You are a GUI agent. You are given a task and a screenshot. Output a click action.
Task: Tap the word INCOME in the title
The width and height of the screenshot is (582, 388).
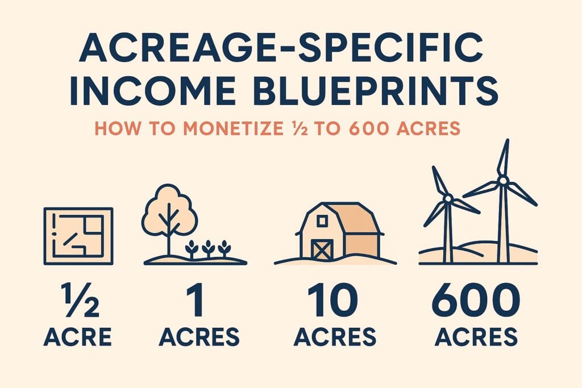tap(152, 90)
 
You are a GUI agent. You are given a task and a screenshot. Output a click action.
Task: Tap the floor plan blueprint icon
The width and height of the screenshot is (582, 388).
tap(78, 236)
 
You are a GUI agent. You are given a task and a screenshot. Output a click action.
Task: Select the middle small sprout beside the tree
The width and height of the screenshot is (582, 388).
tap(208, 248)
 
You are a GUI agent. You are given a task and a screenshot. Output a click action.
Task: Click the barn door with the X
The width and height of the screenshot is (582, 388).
tap(322, 249)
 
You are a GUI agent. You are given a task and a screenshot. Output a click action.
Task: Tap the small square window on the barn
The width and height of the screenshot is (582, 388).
tap(322, 222)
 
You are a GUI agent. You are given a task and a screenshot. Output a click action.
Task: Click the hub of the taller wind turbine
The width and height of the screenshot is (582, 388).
tap(502, 180)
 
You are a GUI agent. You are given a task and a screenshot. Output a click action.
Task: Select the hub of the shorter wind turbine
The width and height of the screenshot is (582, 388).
tap(448, 199)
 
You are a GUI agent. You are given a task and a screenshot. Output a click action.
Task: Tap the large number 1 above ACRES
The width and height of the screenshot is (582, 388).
tap(196, 300)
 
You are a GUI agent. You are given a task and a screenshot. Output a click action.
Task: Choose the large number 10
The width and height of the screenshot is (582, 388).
tap(332, 300)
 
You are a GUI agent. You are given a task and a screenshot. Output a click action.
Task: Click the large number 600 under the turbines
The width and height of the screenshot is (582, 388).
tap(476, 300)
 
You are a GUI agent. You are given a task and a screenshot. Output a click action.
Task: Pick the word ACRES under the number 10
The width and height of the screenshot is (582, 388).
tap(335, 337)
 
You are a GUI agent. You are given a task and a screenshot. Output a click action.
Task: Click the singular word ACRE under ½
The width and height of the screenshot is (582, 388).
tap(77, 337)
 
